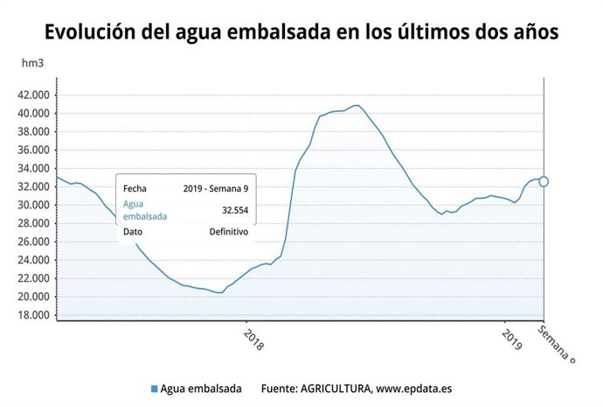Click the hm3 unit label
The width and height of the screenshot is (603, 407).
(33, 64)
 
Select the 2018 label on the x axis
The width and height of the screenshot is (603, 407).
(252, 338)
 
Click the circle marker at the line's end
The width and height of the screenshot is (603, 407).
(544, 181)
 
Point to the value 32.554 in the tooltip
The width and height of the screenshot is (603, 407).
(232, 210)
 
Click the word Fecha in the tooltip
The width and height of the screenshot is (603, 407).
(135, 188)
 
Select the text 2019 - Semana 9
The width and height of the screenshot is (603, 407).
(216, 188)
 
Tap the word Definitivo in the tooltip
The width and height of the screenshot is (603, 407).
(228, 232)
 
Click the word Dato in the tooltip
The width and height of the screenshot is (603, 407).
(134, 232)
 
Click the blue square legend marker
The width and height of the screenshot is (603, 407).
(155, 389)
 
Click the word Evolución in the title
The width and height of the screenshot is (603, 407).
(86, 32)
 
